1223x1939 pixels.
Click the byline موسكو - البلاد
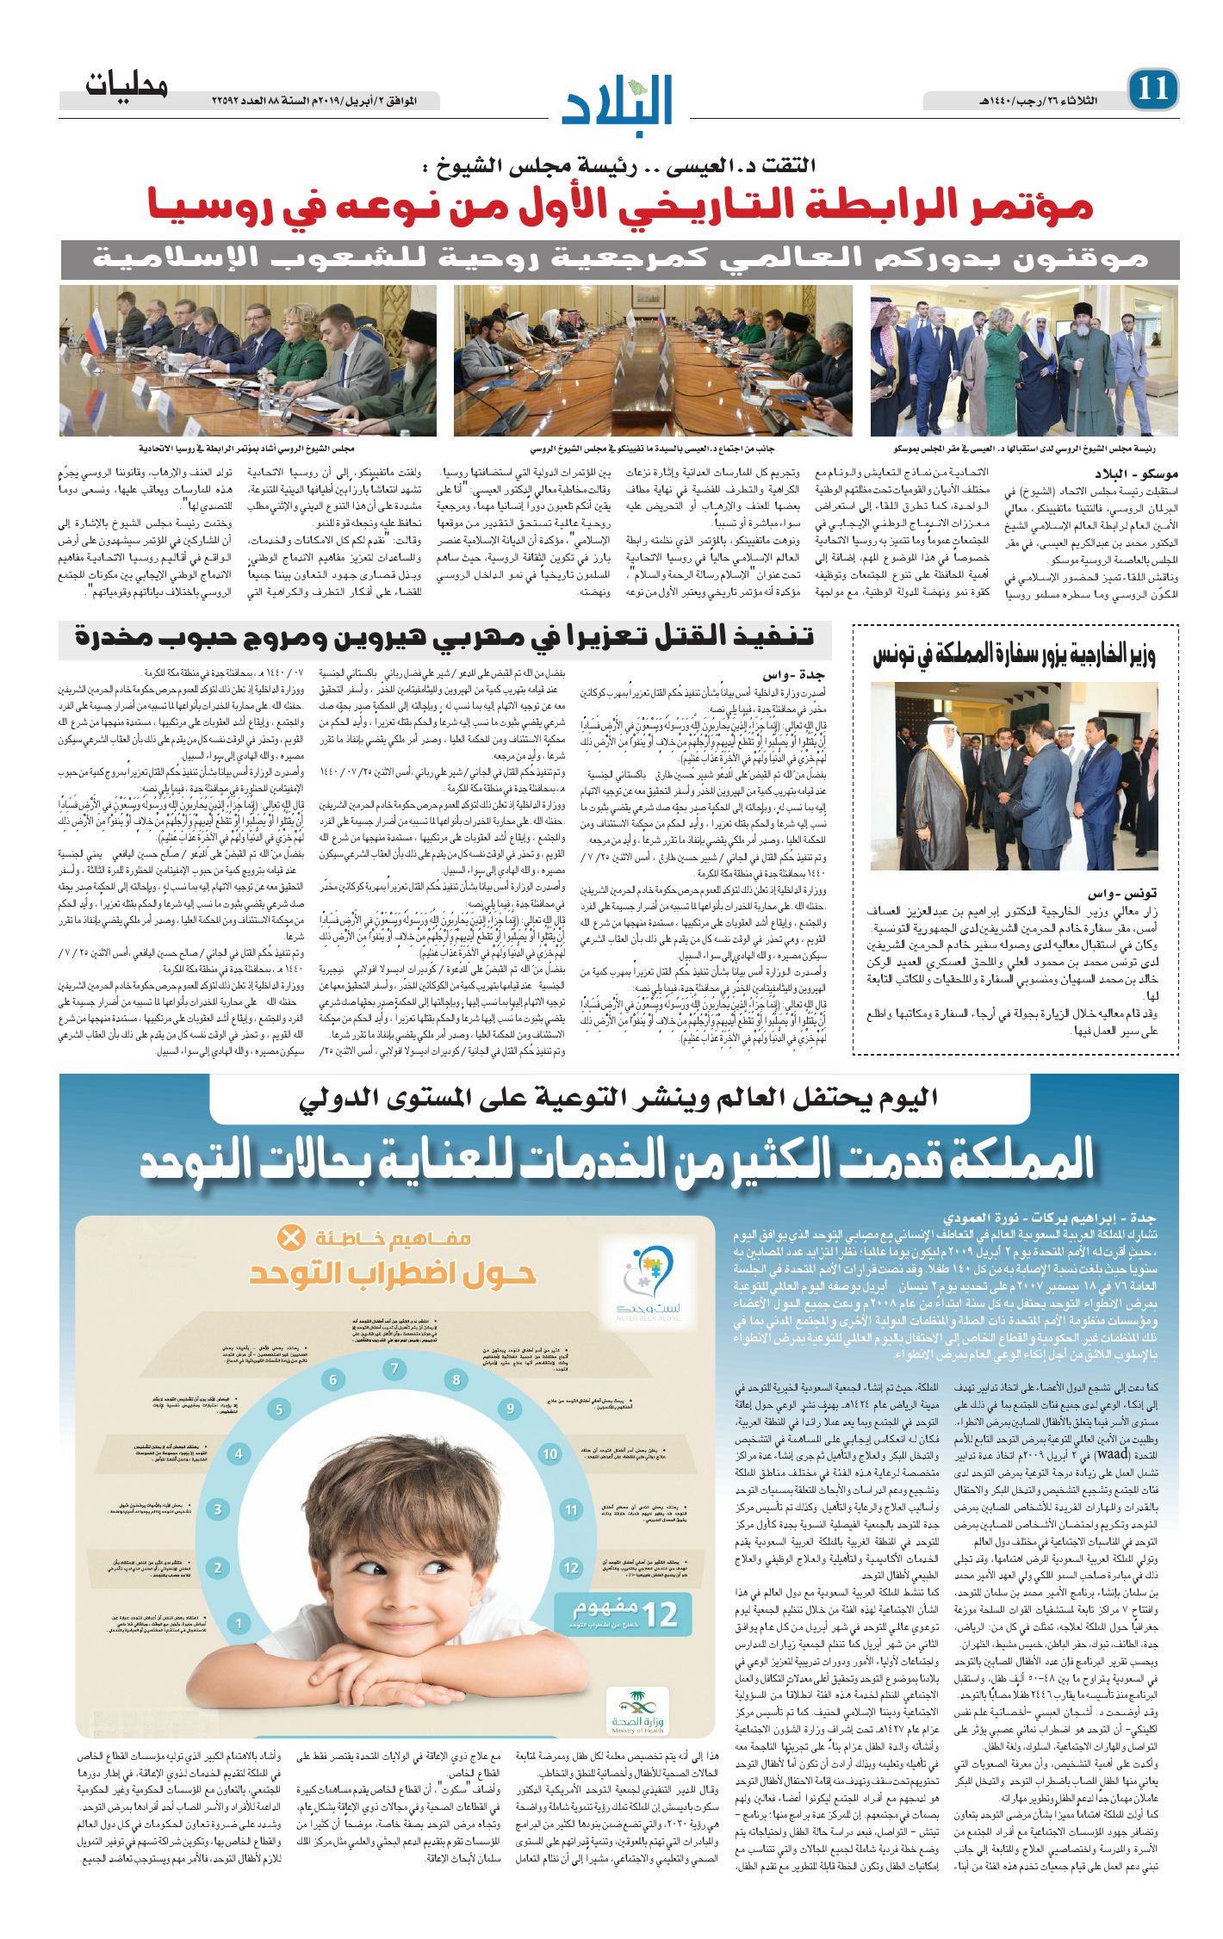pyautogui.click(x=1136, y=474)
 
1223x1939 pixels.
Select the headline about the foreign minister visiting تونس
pyautogui.click(x=1014, y=655)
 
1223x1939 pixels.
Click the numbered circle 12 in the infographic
pyautogui.click(x=571, y=1568)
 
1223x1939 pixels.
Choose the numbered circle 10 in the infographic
pyautogui.click(x=549, y=1454)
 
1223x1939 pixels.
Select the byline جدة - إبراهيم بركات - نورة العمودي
pyautogui.click(x=1048, y=1218)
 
